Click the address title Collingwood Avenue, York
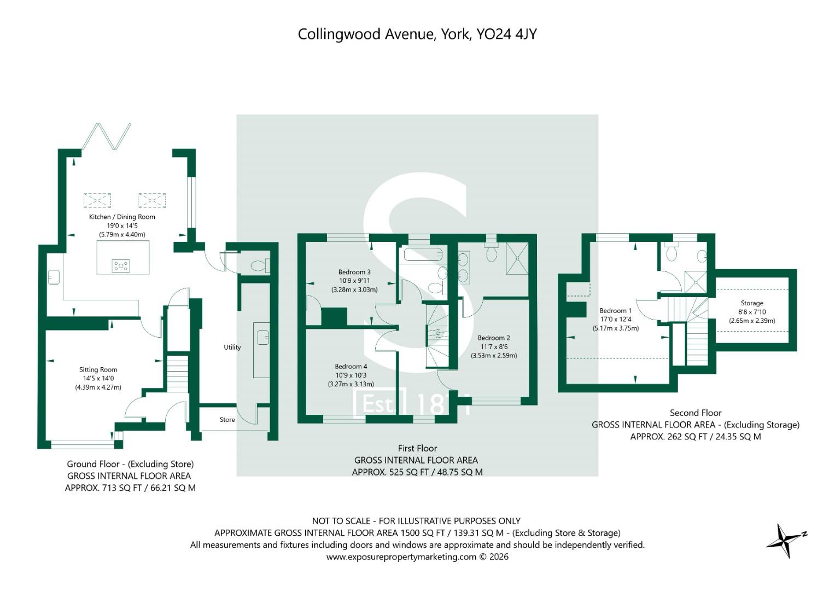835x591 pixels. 417,34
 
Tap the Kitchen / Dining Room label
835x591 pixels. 122,217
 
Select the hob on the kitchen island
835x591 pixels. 121,266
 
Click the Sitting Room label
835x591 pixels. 98,369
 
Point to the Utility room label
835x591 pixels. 232,347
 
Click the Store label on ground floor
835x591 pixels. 227,420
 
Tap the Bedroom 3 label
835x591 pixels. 354,272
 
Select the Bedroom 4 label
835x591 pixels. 351,366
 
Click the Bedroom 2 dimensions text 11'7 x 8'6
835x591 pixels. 494,346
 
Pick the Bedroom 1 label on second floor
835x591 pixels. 615,310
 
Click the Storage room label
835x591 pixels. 752,303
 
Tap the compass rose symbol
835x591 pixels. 785,540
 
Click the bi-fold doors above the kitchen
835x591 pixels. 106,136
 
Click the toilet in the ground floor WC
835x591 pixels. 258,266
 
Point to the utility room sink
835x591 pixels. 262,337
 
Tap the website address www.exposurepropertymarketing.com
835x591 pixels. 402,557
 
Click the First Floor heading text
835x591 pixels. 417,448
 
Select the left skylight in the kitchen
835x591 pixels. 97,200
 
